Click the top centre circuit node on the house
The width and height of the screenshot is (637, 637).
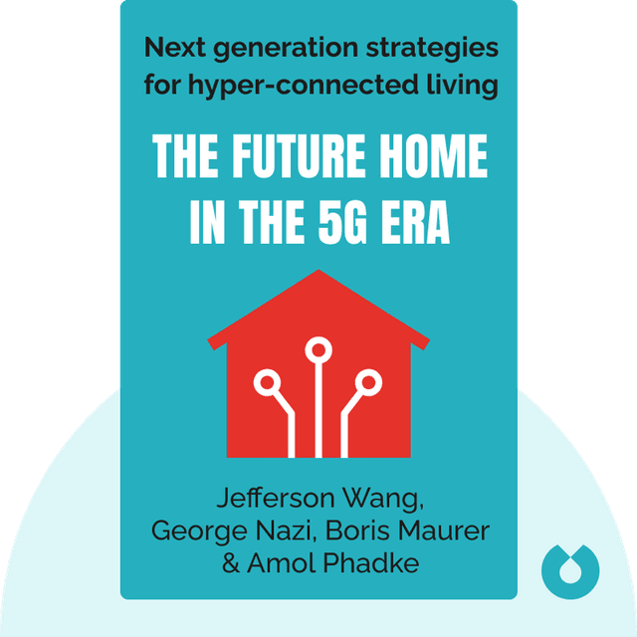[x=318, y=350]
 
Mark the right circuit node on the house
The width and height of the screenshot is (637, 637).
[x=368, y=381]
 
